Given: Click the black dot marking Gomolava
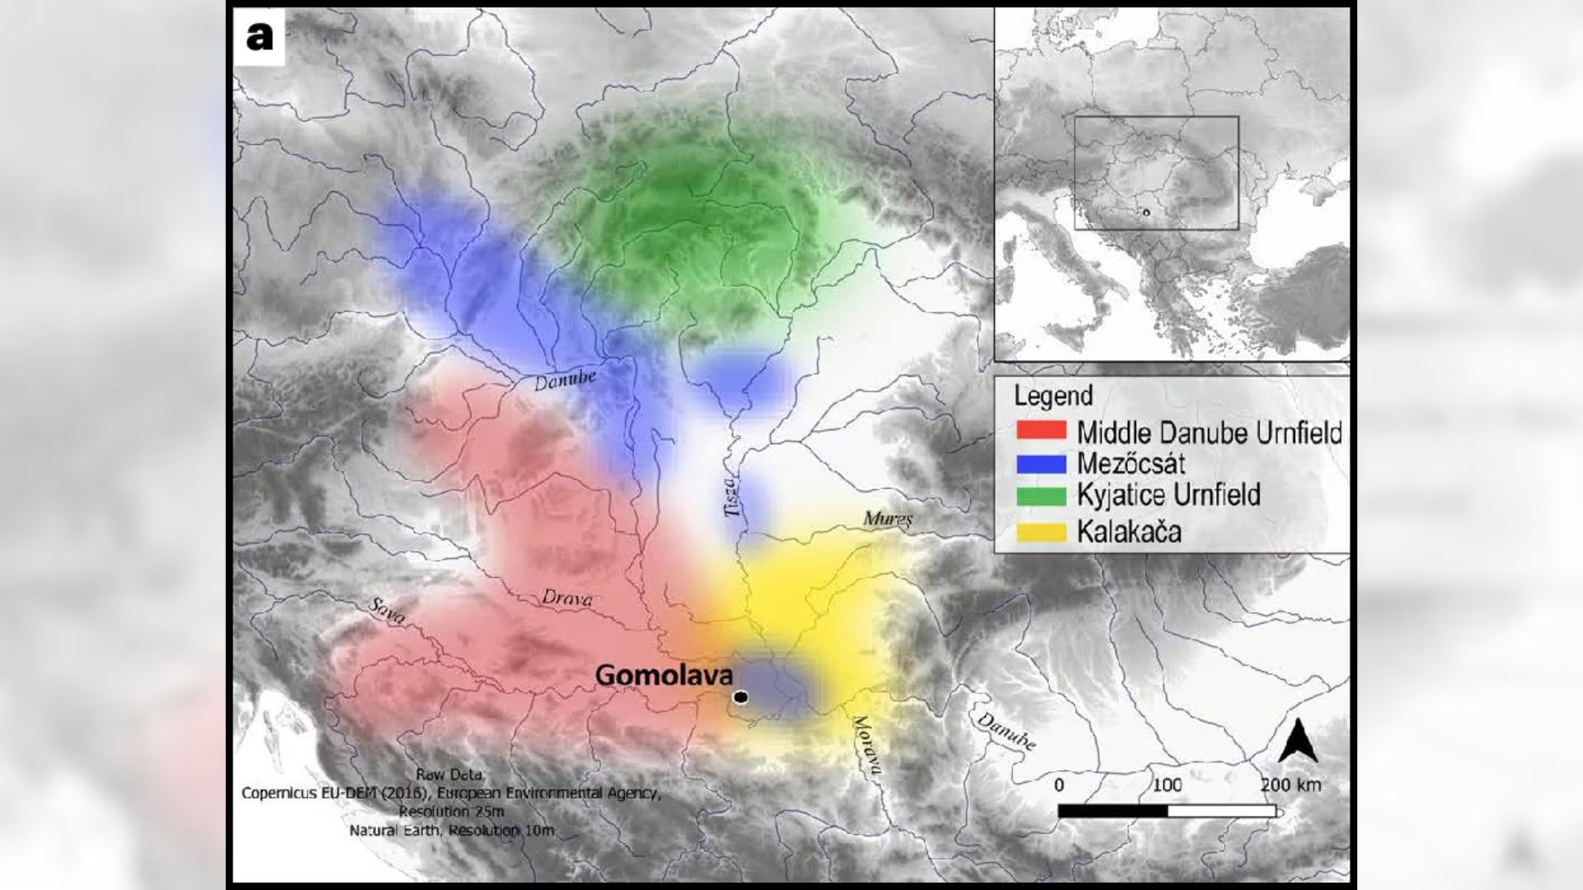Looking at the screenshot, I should pyautogui.click(x=740, y=697).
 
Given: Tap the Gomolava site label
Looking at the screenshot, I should pyautogui.click(x=664, y=676).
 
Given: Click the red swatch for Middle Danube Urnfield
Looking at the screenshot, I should pyautogui.click(x=1041, y=431).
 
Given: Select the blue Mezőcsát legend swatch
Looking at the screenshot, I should pyautogui.click(x=1041, y=463).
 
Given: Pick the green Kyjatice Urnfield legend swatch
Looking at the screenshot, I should pyautogui.click(x=1041, y=496).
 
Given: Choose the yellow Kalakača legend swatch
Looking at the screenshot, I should pyautogui.click(x=1041, y=532).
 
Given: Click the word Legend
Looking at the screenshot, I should pyautogui.click(x=1053, y=396).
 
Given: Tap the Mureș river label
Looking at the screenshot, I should pyautogui.click(x=888, y=519).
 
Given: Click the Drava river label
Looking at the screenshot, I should pyautogui.click(x=567, y=598).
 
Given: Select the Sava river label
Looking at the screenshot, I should pyautogui.click(x=386, y=611).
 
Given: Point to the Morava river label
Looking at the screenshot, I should pyautogui.click(x=866, y=746).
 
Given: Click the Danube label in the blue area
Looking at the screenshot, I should pyautogui.click(x=565, y=380).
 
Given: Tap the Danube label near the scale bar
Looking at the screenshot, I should pyautogui.click(x=1007, y=731).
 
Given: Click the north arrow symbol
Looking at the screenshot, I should pyautogui.click(x=1298, y=741).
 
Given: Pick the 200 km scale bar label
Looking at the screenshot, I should pyautogui.click(x=1290, y=785).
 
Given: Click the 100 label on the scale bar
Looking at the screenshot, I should pyautogui.click(x=1167, y=785).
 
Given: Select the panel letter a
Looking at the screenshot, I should pyautogui.click(x=259, y=37).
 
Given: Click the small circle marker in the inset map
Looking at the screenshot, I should pyautogui.click(x=1145, y=213).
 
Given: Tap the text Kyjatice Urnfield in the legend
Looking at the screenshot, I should pyautogui.click(x=1168, y=495).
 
